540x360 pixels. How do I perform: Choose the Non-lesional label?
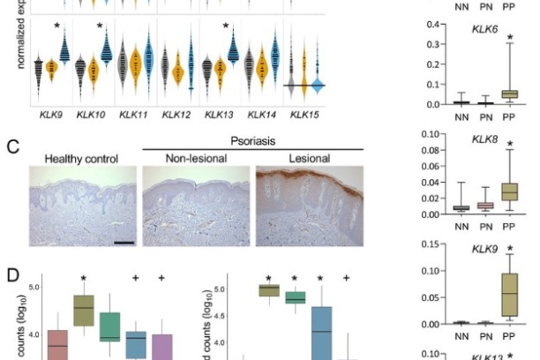click(x=196, y=158)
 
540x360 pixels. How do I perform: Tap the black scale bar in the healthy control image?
click(x=124, y=239)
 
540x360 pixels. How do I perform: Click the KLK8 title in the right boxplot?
click(x=485, y=139)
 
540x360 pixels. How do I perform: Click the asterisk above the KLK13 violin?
click(x=227, y=26)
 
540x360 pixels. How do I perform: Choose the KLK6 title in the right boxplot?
click(x=485, y=29)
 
